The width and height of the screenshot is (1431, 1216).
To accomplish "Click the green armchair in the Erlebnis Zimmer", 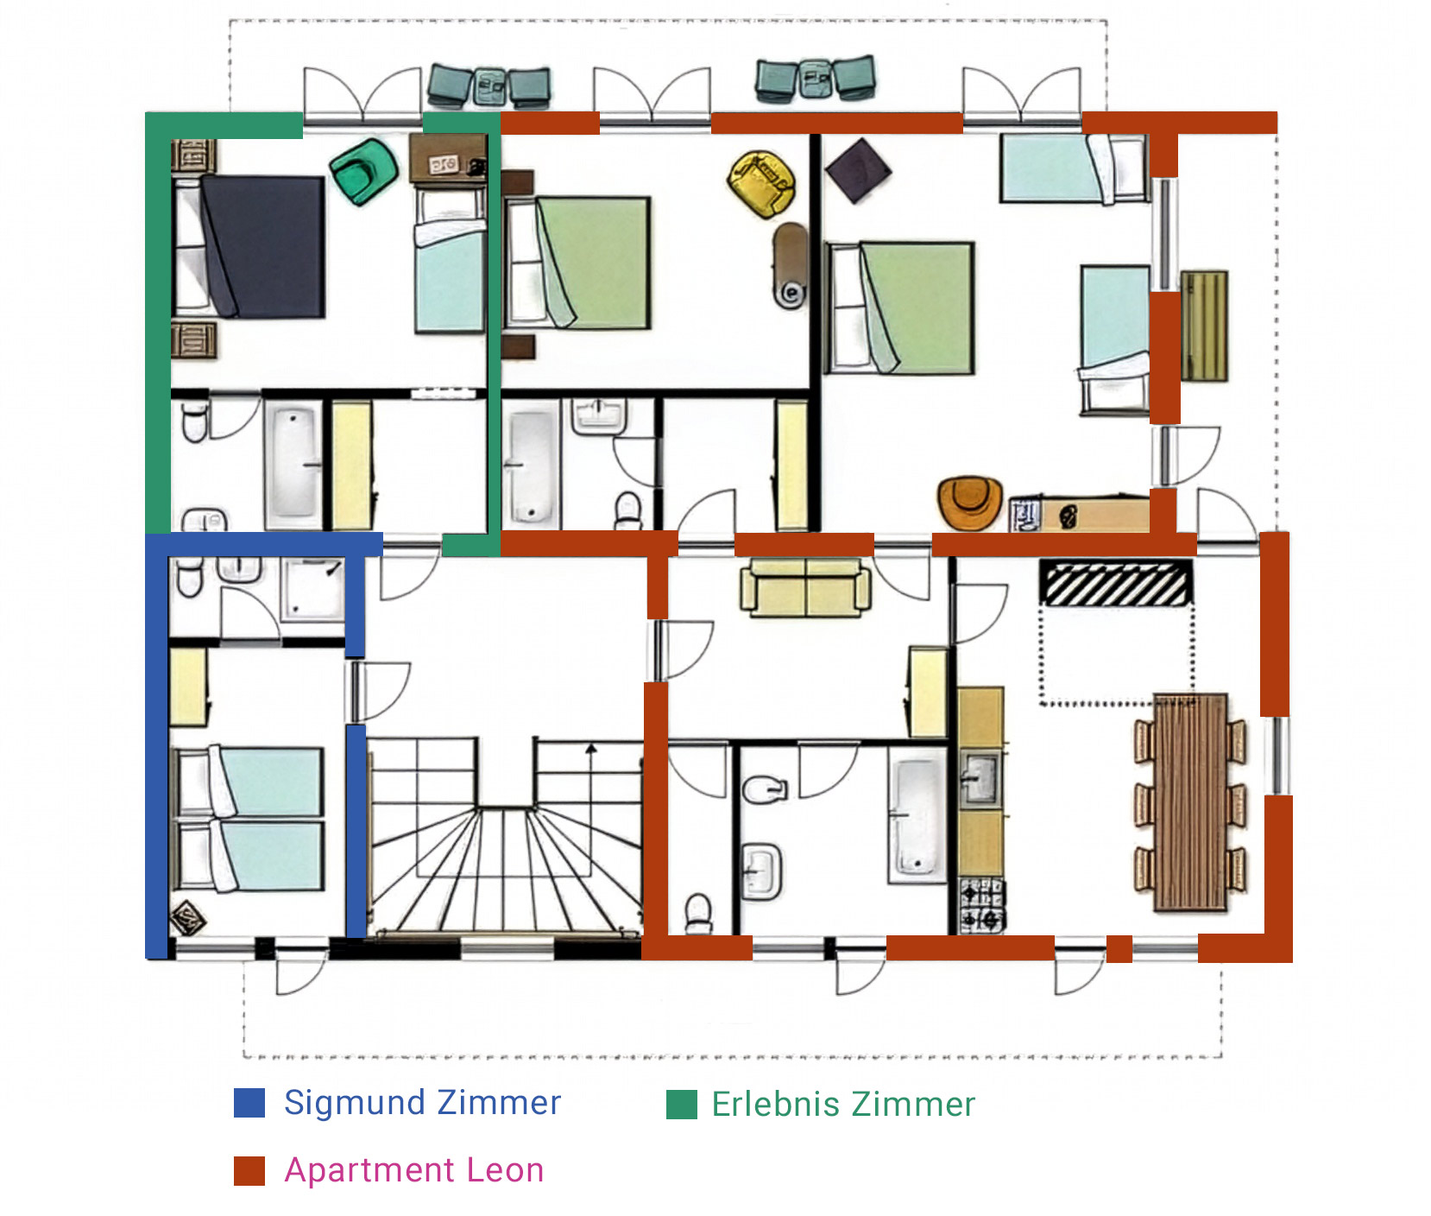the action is tap(363, 172).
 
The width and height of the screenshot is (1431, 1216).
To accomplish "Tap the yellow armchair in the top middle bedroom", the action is tap(761, 183).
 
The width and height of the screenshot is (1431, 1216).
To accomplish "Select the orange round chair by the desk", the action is tap(970, 502).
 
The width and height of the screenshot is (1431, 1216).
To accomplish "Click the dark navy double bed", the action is tap(262, 246).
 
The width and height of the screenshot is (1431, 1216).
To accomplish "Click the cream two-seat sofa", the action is tap(805, 587).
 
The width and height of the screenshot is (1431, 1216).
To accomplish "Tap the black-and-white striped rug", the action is tap(1115, 584).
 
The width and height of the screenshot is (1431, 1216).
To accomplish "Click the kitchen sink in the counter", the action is tap(981, 776).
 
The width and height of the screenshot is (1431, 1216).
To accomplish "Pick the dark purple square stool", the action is tap(858, 171).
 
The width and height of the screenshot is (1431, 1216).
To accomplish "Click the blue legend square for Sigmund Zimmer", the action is tap(249, 1103).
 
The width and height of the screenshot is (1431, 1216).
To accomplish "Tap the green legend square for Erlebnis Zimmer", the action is tap(682, 1104).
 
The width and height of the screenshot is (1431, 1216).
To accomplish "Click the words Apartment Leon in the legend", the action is tap(414, 1170).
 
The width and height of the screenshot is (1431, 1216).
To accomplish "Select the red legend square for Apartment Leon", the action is tap(249, 1170).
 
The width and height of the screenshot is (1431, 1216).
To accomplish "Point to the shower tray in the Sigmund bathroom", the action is tap(312, 589).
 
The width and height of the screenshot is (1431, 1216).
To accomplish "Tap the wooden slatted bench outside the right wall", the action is tap(1204, 326).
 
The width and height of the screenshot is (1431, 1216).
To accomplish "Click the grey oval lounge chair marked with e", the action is tap(790, 265).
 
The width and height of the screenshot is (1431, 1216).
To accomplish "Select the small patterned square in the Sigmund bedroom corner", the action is tap(187, 918).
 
